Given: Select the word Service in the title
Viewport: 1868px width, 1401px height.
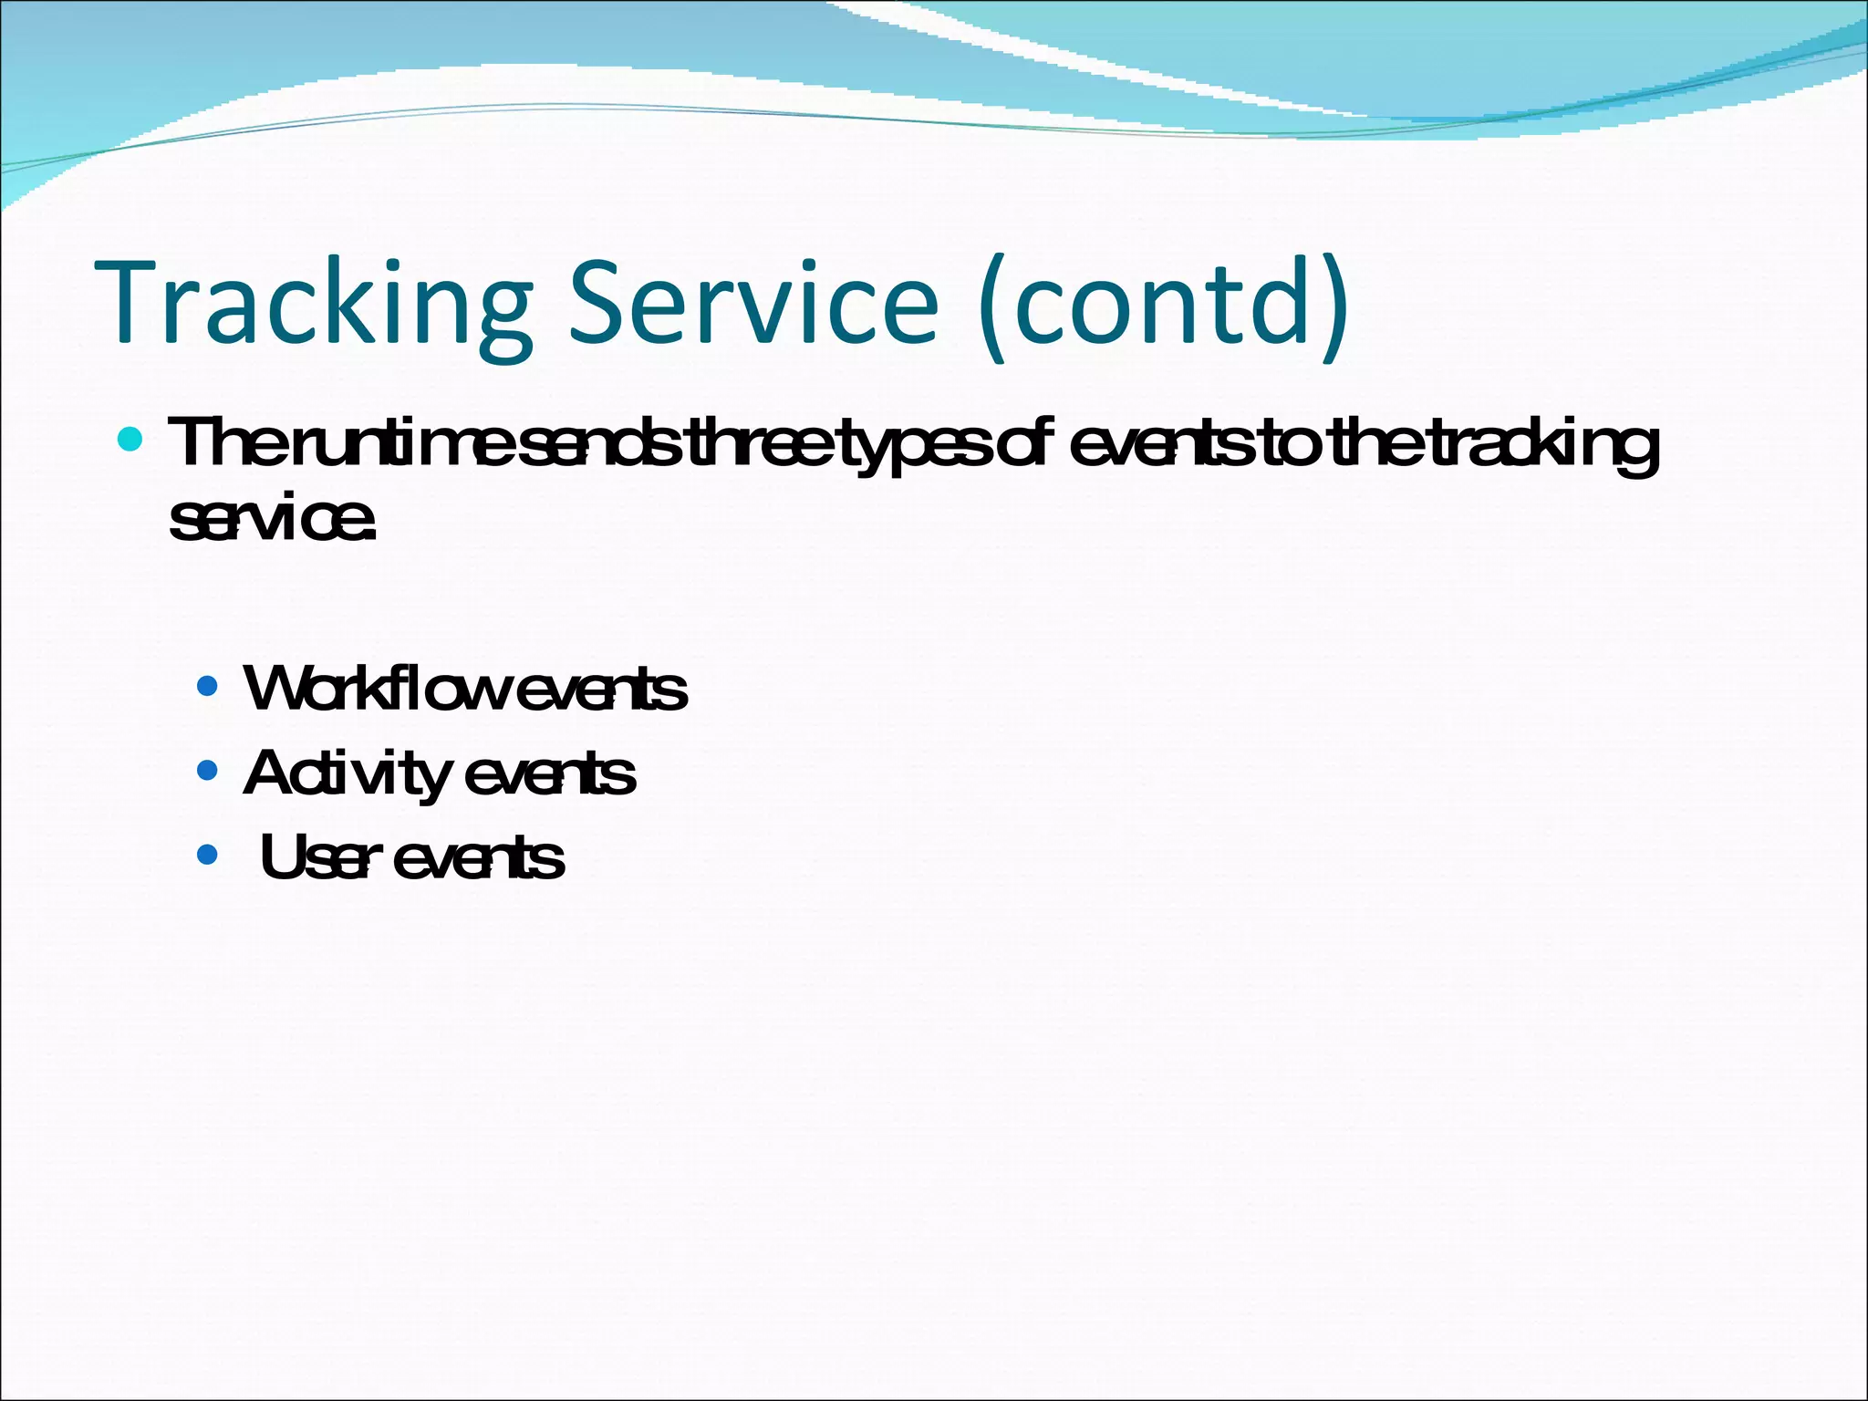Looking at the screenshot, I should click(753, 304).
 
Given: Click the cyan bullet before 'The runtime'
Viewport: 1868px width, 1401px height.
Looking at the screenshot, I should click(130, 441).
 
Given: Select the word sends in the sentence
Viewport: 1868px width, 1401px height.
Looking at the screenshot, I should click(607, 443).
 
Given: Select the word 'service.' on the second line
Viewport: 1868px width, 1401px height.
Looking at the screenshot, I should click(272, 520).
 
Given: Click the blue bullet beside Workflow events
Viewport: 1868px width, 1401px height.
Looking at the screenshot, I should click(208, 686).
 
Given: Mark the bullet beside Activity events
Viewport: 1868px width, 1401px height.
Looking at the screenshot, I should click(208, 772).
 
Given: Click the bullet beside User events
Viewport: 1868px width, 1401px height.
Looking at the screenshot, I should click(208, 856).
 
